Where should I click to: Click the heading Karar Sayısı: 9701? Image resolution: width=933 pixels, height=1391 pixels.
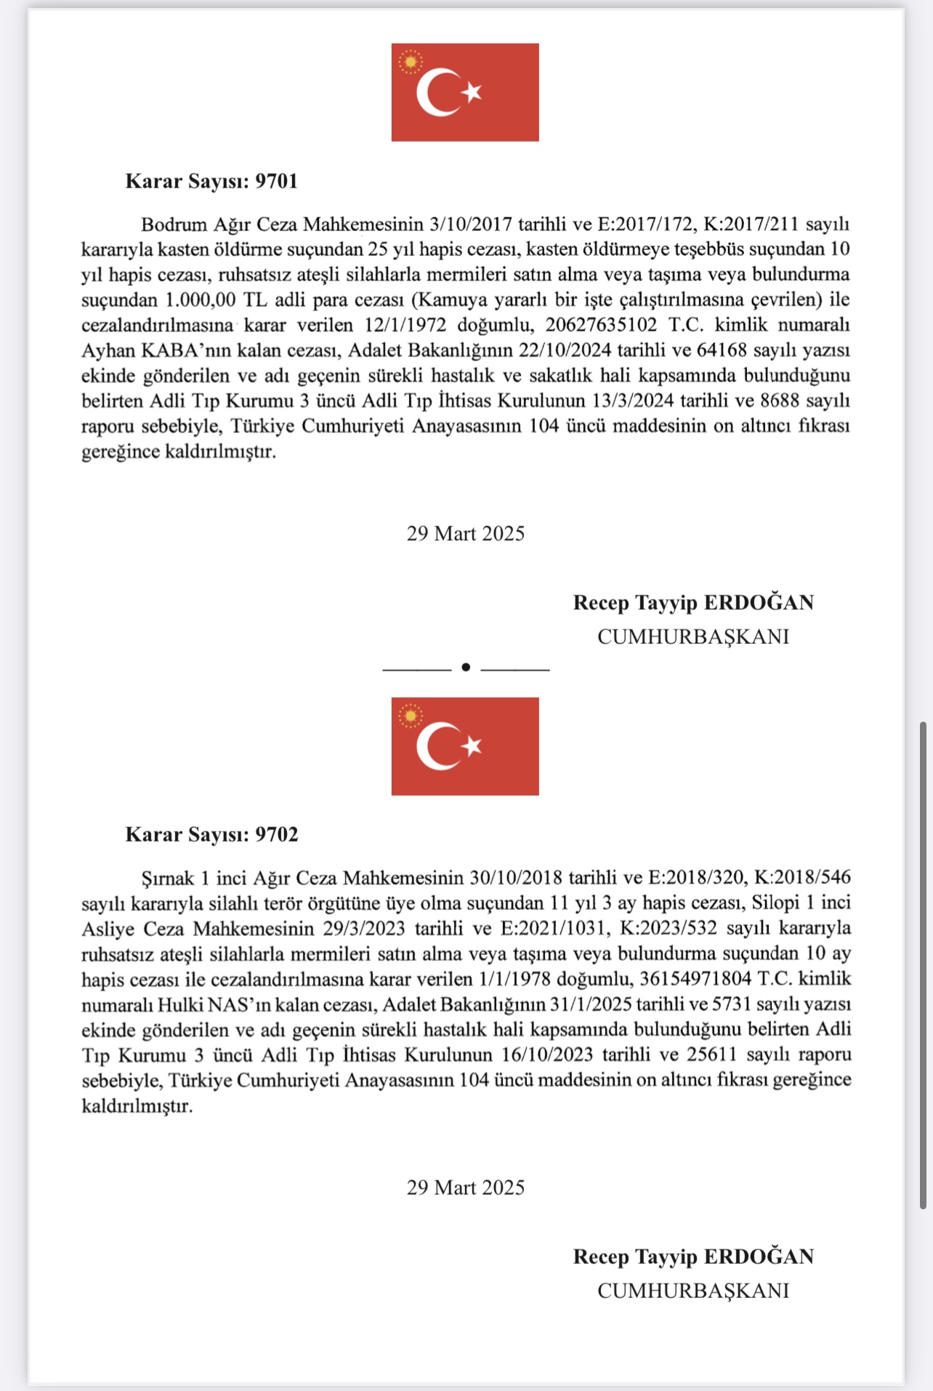pyautogui.click(x=211, y=181)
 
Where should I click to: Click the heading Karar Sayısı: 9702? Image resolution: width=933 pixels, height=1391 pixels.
pyautogui.click(x=211, y=834)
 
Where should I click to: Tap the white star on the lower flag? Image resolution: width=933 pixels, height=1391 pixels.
pyautogui.click(x=473, y=746)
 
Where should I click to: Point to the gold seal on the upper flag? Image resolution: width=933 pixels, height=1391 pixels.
pyautogui.click(x=411, y=62)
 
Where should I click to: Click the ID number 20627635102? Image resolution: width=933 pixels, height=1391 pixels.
pyautogui.click(x=601, y=325)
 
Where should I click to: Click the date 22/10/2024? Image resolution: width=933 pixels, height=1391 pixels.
pyautogui.click(x=565, y=350)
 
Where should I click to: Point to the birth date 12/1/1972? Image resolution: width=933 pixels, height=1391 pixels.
pyautogui.click(x=405, y=325)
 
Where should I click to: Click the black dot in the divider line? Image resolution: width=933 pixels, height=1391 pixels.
pyautogui.click(x=466, y=667)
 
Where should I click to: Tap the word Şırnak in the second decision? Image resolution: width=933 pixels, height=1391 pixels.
pyautogui.click(x=168, y=878)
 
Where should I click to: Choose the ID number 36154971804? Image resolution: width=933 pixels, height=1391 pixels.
pyautogui.click(x=695, y=979)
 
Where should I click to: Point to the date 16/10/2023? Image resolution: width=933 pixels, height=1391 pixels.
pyautogui.click(x=547, y=1055)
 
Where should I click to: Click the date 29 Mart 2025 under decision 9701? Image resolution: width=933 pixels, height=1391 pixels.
pyautogui.click(x=466, y=533)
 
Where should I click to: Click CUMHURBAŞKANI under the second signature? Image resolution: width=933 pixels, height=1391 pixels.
pyautogui.click(x=693, y=1291)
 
